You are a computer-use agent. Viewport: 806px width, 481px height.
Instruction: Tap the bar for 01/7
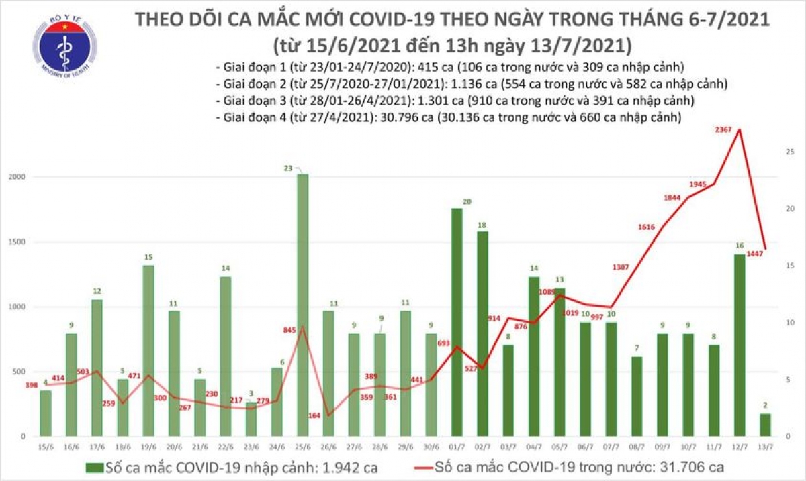coord(457,322)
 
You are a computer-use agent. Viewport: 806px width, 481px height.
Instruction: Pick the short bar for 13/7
coord(765,425)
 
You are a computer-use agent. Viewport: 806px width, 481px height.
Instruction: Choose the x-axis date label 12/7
coord(740,446)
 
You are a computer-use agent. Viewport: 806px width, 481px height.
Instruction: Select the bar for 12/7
coord(740,345)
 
